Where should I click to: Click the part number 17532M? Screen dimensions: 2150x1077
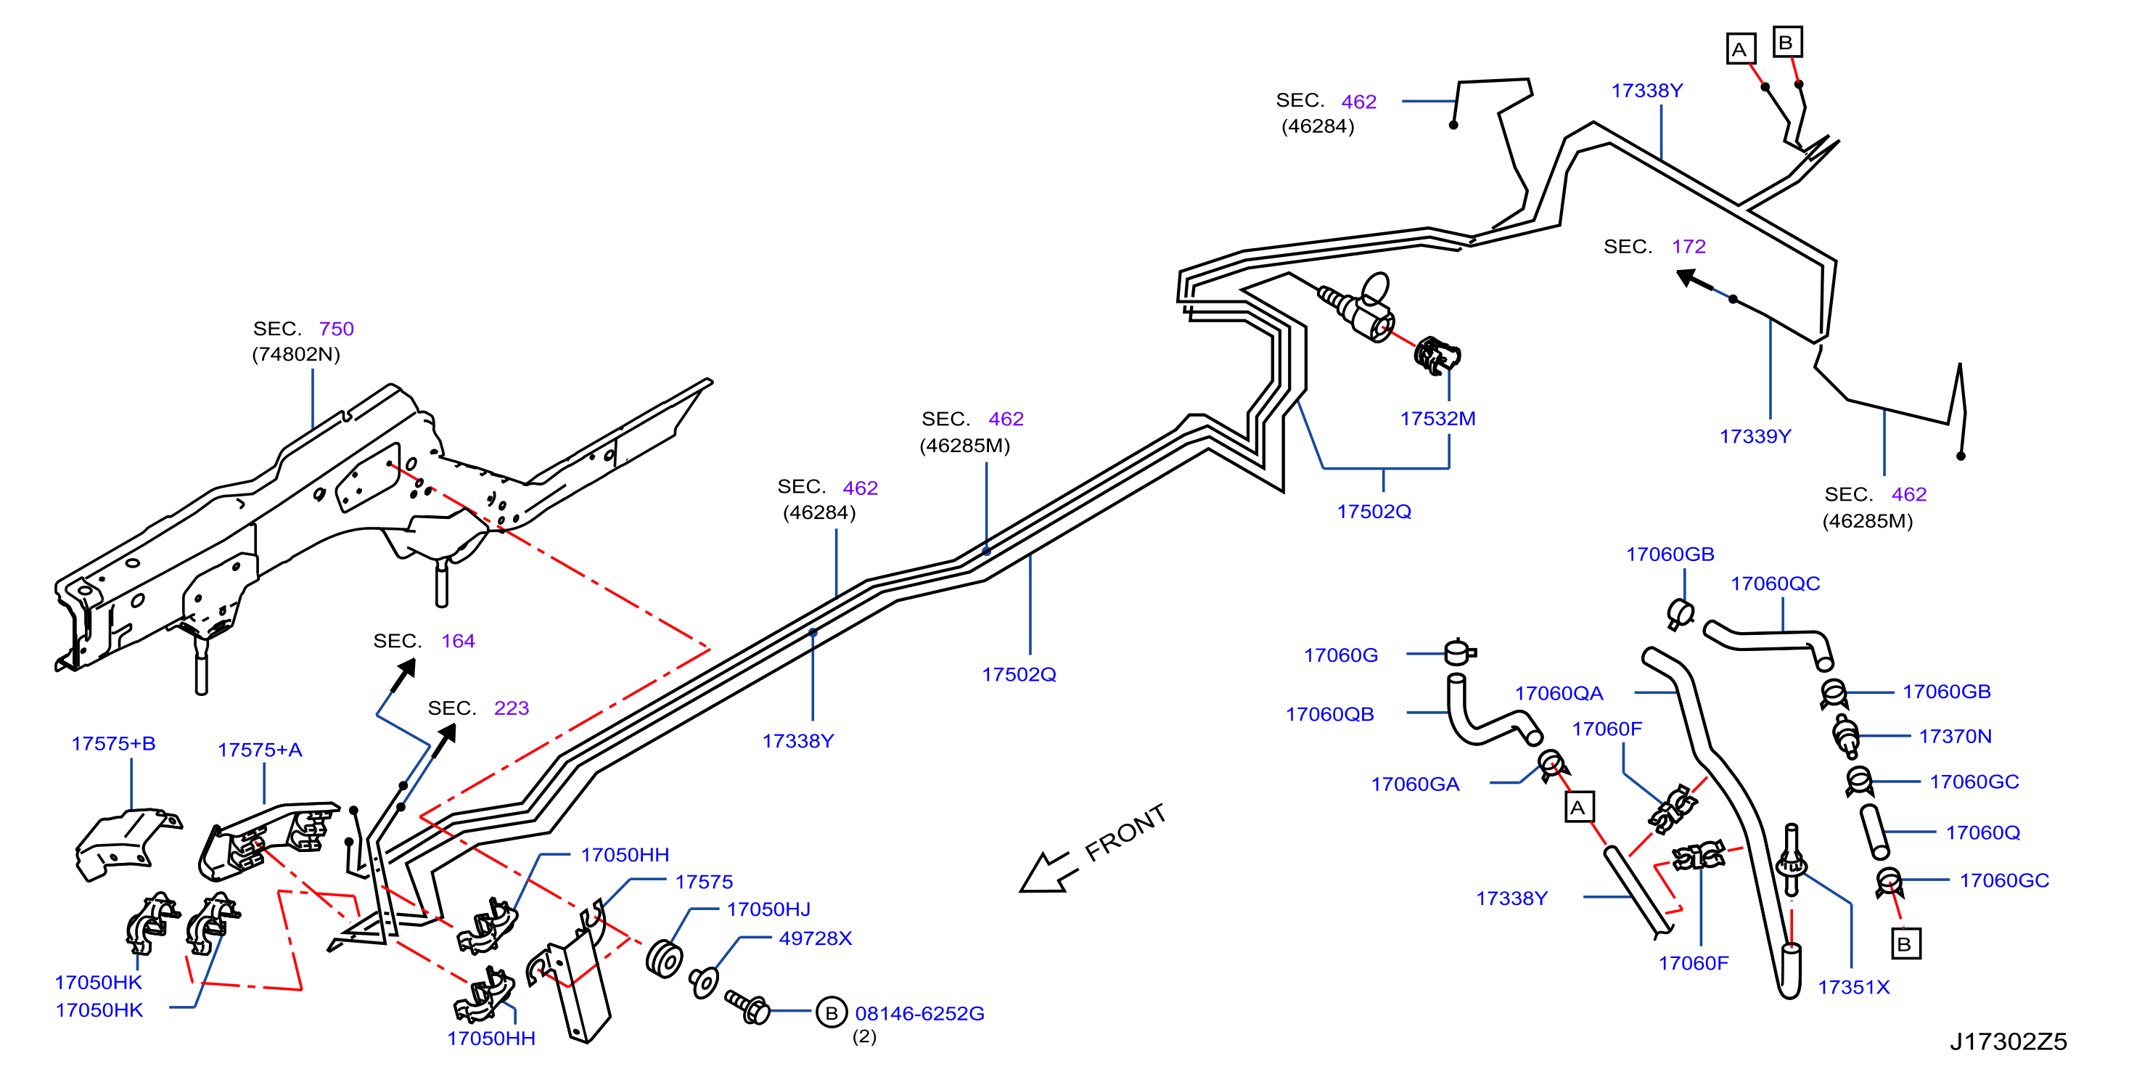(1437, 418)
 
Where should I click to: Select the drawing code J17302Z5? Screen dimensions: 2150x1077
(2008, 1041)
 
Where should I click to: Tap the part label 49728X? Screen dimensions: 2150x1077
(816, 938)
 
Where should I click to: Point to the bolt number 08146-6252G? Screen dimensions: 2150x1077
(920, 1014)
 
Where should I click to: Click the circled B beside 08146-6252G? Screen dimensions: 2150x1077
(832, 1012)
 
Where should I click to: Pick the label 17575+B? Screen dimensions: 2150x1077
(113, 743)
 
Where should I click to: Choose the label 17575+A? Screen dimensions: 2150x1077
(260, 750)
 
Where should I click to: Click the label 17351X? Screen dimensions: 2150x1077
(1854, 987)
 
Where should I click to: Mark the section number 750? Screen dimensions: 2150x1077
(337, 329)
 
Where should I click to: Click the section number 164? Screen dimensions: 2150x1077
(458, 641)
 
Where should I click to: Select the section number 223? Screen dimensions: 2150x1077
(512, 708)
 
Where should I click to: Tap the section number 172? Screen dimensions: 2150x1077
(1689, 246)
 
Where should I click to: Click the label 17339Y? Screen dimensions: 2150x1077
(1755, 436)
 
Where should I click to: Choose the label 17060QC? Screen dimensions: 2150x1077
(1776, 583)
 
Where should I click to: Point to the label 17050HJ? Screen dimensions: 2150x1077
(768, 909)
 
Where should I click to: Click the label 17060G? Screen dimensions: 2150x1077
(1340, 655)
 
